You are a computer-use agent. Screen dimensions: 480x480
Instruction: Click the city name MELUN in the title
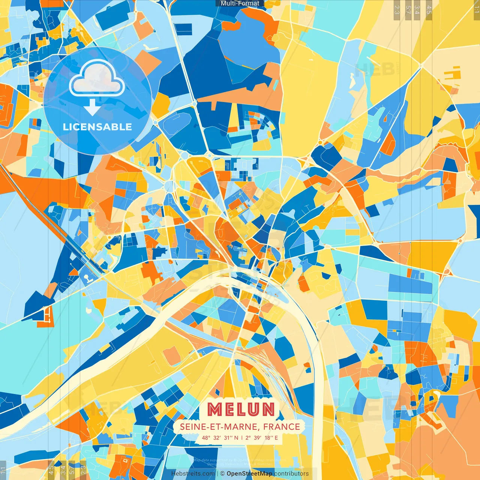241,409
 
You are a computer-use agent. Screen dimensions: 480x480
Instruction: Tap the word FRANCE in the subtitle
282,427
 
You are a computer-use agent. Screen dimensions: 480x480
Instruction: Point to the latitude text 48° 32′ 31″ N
220,438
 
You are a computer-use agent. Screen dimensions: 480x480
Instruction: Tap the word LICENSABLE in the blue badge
97,127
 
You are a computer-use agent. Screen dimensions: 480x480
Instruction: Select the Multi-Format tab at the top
240,3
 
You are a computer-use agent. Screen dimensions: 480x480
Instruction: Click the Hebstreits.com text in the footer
193,474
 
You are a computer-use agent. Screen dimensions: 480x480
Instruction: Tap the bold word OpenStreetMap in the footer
249,474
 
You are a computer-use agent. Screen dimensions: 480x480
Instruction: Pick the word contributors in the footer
291,474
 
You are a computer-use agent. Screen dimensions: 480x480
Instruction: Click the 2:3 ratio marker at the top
397,9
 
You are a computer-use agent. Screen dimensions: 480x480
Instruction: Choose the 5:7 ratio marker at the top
408,9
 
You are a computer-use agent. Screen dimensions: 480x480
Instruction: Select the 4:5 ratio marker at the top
429,9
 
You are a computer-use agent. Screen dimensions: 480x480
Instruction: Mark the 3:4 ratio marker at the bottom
63,469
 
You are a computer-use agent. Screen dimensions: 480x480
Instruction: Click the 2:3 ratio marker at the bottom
83,469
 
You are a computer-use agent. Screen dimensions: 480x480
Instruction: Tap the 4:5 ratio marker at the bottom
51,469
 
